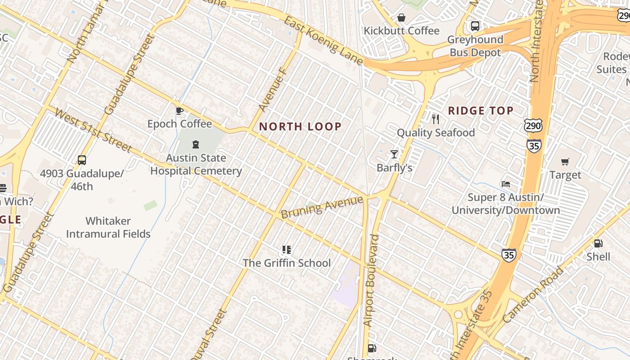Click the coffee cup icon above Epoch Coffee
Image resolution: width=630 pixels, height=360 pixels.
click(179, 111)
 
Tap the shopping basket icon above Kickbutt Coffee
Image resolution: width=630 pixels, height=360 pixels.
click(401, 18)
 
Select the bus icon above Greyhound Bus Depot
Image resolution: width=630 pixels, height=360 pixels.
click(475, 26)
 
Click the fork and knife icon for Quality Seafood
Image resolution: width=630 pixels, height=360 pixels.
click(435, 119)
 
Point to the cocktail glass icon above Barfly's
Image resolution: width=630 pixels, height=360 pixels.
click(394, 154)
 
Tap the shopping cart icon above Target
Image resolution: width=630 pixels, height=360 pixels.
click(565, 162)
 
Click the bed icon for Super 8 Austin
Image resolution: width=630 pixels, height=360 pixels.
click(506, 184)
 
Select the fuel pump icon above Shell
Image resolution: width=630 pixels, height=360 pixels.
click(598, 243)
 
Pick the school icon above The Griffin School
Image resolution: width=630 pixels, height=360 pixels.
click(286, 249)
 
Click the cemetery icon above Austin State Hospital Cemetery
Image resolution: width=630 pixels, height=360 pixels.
click(196, 144)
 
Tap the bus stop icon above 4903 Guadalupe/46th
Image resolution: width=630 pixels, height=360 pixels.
click(81, 160)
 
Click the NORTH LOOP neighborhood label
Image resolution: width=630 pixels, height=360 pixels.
click(300, 126)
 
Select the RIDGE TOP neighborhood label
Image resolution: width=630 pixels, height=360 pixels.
click(481, 111)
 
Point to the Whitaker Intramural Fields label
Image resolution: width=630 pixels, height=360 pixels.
click(108, 227)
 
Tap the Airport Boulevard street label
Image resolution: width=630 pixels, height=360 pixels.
click(372, 280)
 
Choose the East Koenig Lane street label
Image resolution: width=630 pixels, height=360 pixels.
click(323, 40)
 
